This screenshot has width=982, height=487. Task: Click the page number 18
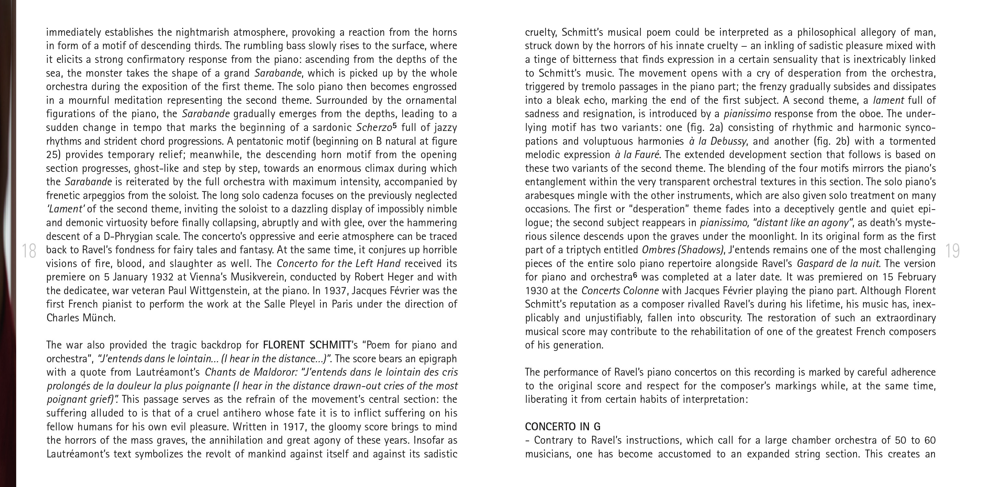tap(29, 251)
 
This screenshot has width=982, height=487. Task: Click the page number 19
tap(953, 251)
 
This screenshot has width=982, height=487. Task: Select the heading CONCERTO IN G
tap(563, 427)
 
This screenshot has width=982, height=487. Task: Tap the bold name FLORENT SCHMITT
tap(307, 345)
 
